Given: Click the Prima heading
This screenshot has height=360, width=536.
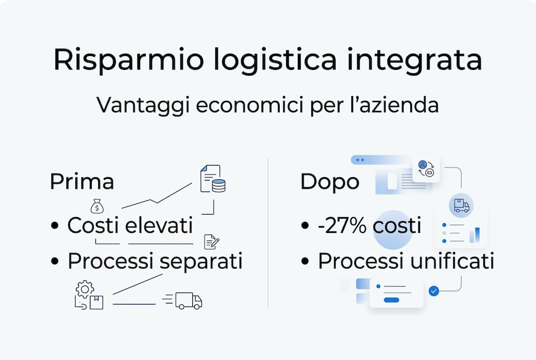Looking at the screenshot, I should coord(81,182).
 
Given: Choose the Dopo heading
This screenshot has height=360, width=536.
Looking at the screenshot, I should coord(330,182).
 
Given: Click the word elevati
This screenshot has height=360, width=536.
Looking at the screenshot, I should coord(159,225).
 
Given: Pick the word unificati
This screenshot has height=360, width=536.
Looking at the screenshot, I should coord(453,261).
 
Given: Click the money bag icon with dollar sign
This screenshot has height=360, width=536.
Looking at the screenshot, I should coord(97,205).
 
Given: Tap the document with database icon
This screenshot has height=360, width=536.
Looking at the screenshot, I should coord(212,179).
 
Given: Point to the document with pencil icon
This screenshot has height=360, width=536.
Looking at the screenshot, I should coord(211,242).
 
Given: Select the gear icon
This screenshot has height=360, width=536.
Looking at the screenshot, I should coord(85,288).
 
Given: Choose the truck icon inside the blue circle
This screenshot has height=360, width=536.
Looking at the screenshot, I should coord(461,205).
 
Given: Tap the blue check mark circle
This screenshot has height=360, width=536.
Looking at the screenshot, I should coord(434,290).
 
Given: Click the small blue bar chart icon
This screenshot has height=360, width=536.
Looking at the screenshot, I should coord(474,234).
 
